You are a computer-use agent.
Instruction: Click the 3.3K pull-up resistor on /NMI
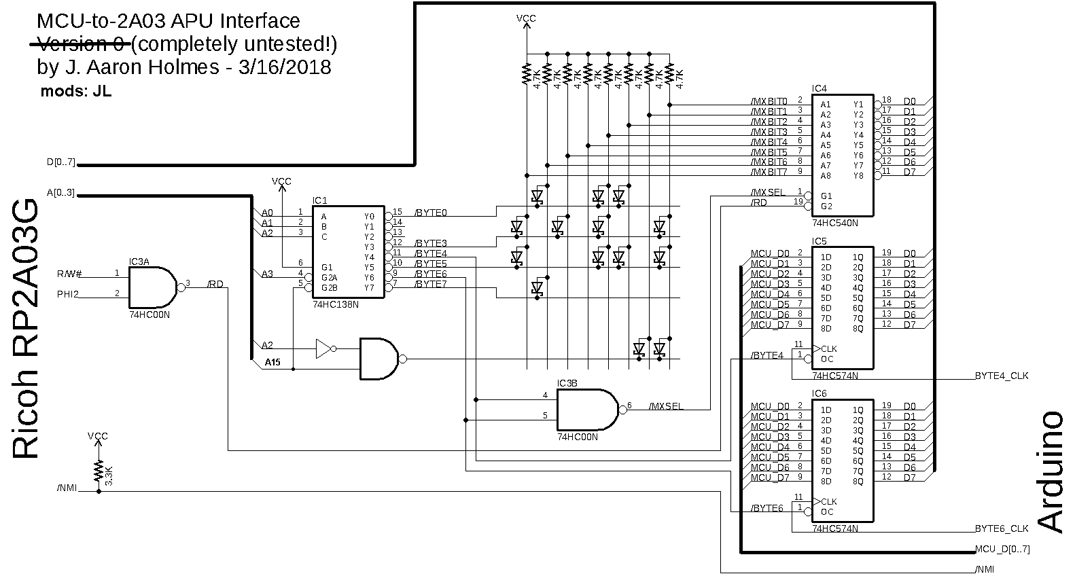click(99, 471)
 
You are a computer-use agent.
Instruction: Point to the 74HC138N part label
click(335, 305)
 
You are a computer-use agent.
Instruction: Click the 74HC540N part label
click(834, 223)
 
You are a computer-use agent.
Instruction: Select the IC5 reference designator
click(819, 241)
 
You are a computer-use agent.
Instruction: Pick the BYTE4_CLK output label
click(1001, 376)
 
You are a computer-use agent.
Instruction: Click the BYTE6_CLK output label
click(1001, 528)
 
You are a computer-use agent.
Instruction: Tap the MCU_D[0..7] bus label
click(1002, 549)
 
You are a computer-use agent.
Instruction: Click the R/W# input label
click(70, 274)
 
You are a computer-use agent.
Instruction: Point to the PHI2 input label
click(68, 294)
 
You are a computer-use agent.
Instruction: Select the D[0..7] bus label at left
click(61, 162)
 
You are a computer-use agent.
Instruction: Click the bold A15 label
click(272, 363)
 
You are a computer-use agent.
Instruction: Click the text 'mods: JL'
click(75, 91)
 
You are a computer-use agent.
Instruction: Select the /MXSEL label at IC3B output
click(666, 407)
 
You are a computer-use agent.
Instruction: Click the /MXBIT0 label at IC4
click(769, 101)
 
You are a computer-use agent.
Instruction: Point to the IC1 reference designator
click(319, 200)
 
